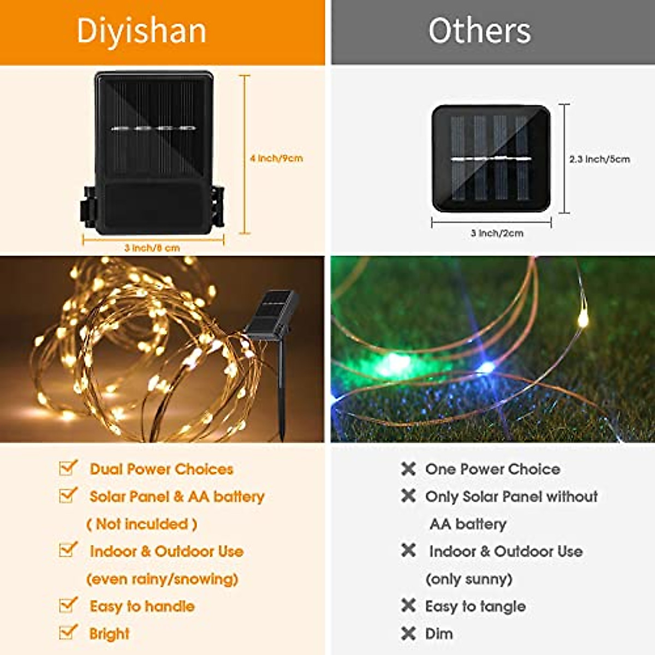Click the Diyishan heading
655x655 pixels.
141,31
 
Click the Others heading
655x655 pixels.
479,31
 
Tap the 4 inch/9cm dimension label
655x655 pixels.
276,158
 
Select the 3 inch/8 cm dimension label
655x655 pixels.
152,248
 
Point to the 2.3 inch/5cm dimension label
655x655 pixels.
599,159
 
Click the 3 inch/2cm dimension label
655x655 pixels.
497,233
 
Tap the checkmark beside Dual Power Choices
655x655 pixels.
68,468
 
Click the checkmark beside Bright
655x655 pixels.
68,632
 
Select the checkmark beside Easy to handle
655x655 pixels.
68,605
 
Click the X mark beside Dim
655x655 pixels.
408,633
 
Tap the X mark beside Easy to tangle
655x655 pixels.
408,605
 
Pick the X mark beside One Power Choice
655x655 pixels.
408,468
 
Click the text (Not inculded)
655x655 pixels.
142,524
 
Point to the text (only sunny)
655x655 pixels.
469,579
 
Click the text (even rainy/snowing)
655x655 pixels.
162,579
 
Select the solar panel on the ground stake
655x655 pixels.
271,313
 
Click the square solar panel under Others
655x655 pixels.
491,158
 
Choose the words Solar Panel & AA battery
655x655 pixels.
177,497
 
